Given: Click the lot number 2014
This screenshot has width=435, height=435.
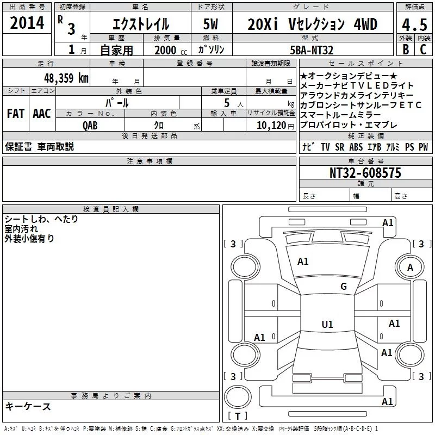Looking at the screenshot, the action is [27, 23].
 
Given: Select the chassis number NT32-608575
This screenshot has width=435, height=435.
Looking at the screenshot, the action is [365, 173].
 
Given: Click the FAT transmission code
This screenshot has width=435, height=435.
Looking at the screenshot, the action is [15, 114].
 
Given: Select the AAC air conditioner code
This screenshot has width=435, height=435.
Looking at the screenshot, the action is [41, 114].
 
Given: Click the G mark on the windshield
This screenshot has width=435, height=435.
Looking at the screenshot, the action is [343, 287].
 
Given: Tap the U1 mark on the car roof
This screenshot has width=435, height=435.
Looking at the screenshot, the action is [327, 325].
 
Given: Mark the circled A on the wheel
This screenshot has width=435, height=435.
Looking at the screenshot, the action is [410, 267].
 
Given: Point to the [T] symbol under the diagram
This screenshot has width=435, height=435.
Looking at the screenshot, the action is [238, 417].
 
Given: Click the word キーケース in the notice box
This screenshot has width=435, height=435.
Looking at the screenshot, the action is [28, 407].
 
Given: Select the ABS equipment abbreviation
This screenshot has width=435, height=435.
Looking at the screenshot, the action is [356, 147].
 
